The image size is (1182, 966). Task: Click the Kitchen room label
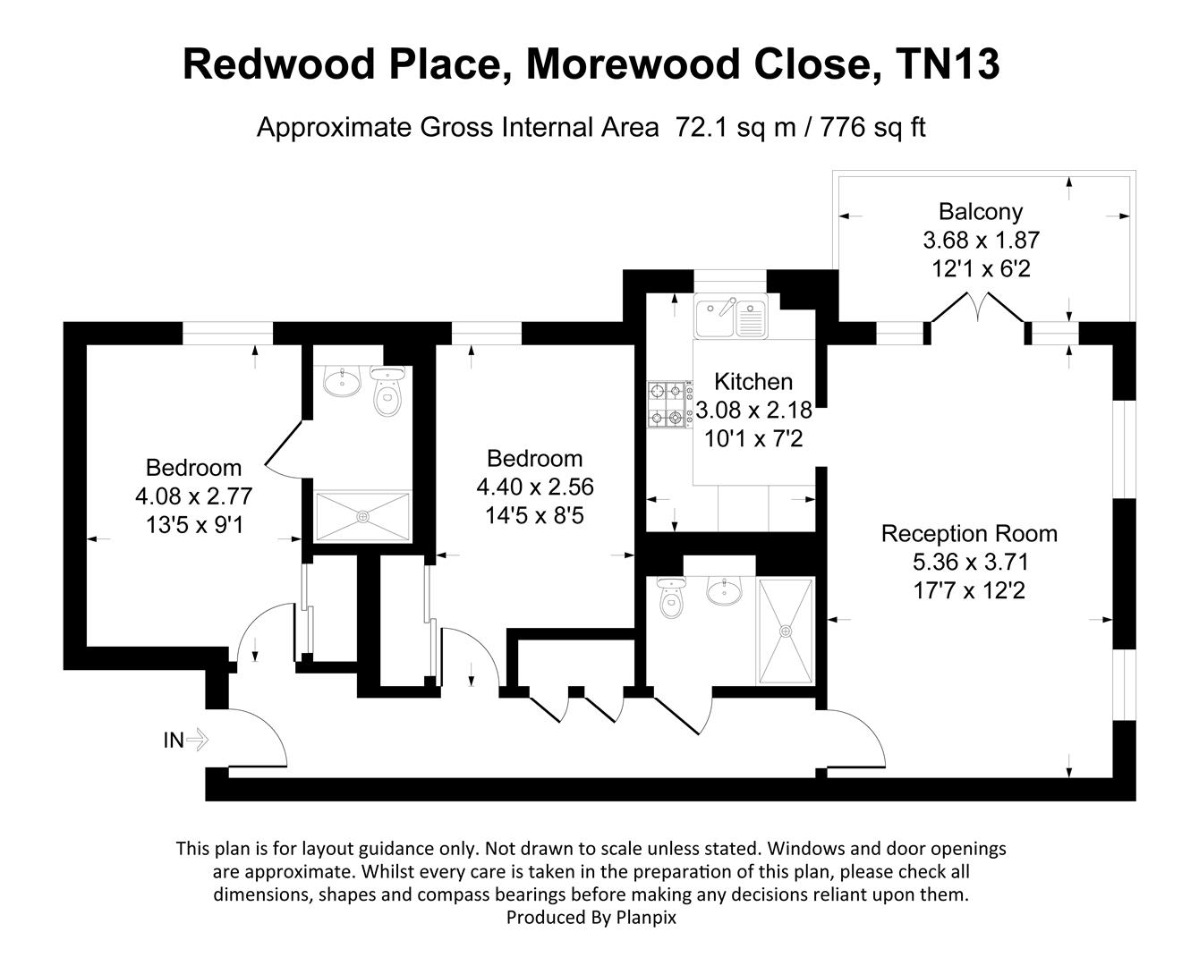[753, 382]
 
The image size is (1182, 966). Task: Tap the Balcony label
[980, 212]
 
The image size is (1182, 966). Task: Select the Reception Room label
[969, 534]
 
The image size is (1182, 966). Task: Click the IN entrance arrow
[186, 740]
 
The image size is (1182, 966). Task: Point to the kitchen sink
[731, 318]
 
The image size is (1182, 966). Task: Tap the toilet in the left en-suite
[388, 394]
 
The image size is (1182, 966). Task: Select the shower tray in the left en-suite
[363, 516]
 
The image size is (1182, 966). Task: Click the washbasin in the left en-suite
[341, 383]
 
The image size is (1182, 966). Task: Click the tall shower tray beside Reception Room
[787, 631]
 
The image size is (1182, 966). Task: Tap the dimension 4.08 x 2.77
[193, 496]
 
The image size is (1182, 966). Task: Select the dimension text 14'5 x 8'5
[535, 515]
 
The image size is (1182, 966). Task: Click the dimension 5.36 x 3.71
[970, 562]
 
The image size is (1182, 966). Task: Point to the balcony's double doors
[975, 309]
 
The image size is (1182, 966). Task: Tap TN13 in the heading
[948, 64]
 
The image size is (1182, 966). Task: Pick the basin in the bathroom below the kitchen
[723, 591]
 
